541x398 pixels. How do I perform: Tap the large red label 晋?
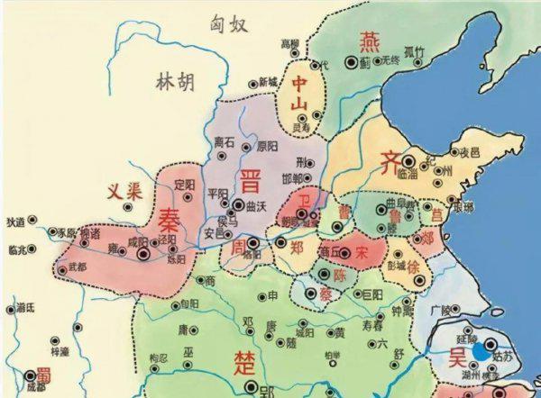250,181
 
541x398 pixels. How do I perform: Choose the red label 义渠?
124,192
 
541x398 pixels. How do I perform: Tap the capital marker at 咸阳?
142,255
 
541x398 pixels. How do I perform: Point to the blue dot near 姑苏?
485,353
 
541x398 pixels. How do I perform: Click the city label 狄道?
15,221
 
